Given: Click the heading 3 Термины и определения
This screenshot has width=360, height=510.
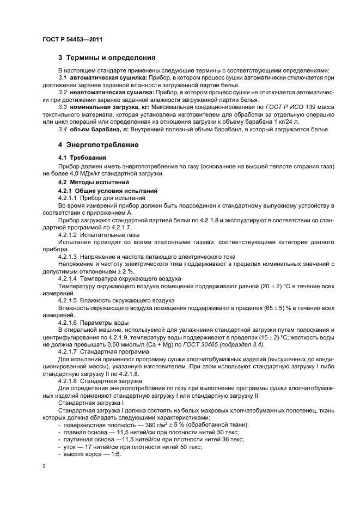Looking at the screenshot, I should coord(107,57).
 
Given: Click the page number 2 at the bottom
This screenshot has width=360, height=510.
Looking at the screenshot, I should coord(45,466).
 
